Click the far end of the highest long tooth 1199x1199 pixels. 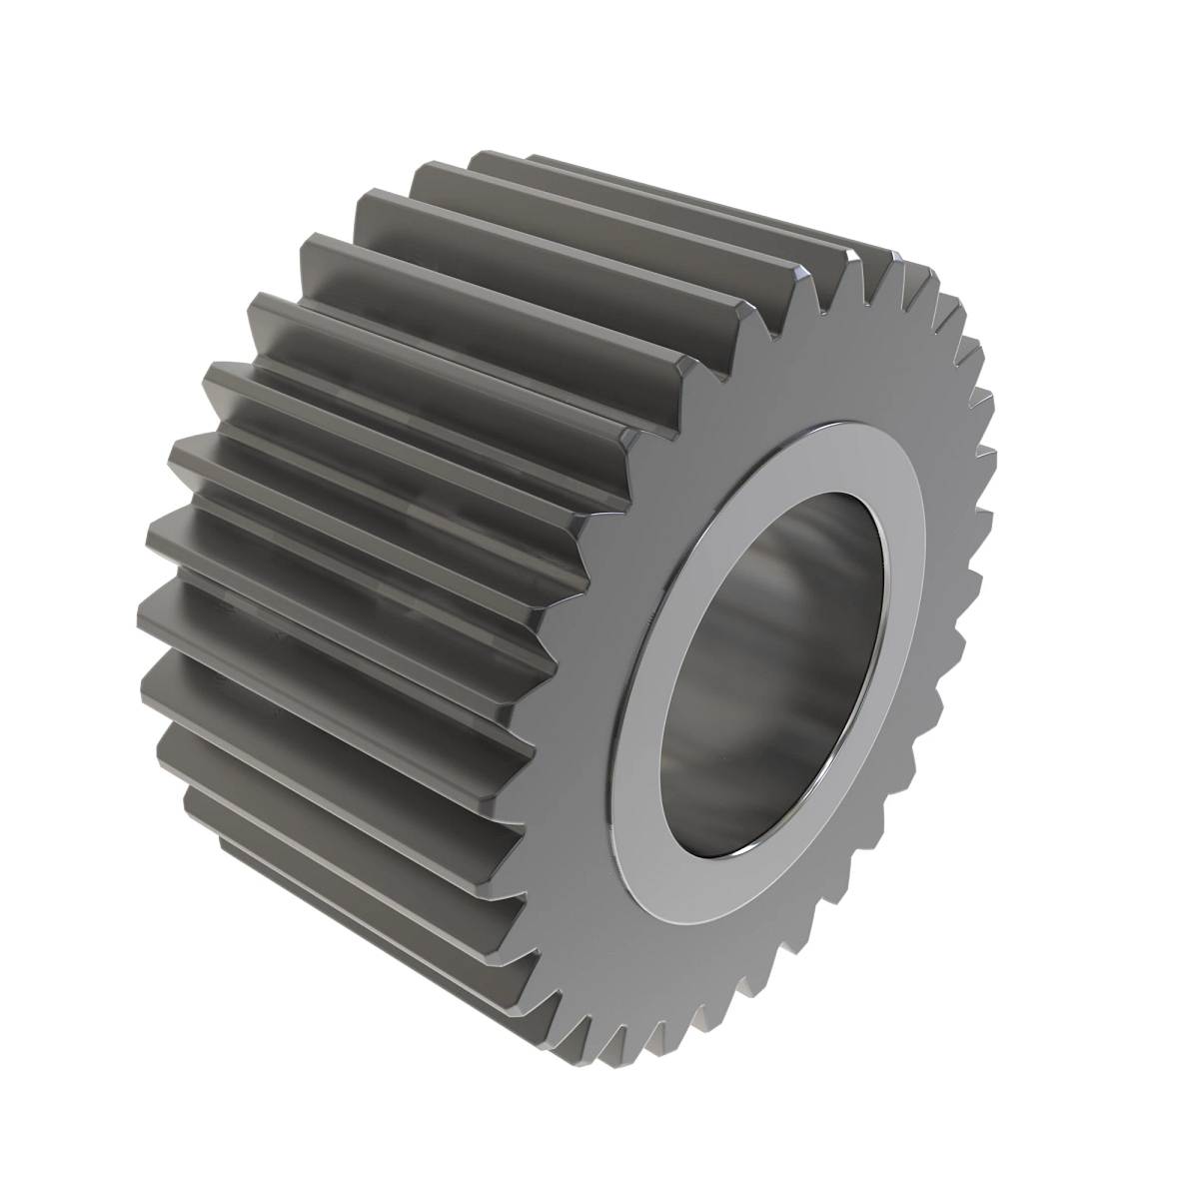click(500, 160)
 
